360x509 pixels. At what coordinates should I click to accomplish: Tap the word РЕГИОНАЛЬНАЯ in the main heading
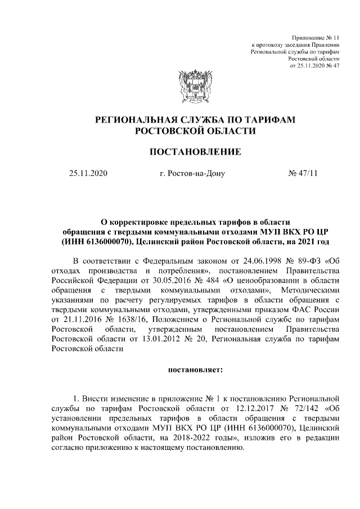pos(134,120)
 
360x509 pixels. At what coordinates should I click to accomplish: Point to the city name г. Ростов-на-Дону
pos(192,173)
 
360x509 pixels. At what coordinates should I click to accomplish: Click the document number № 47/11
pos(303,173)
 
